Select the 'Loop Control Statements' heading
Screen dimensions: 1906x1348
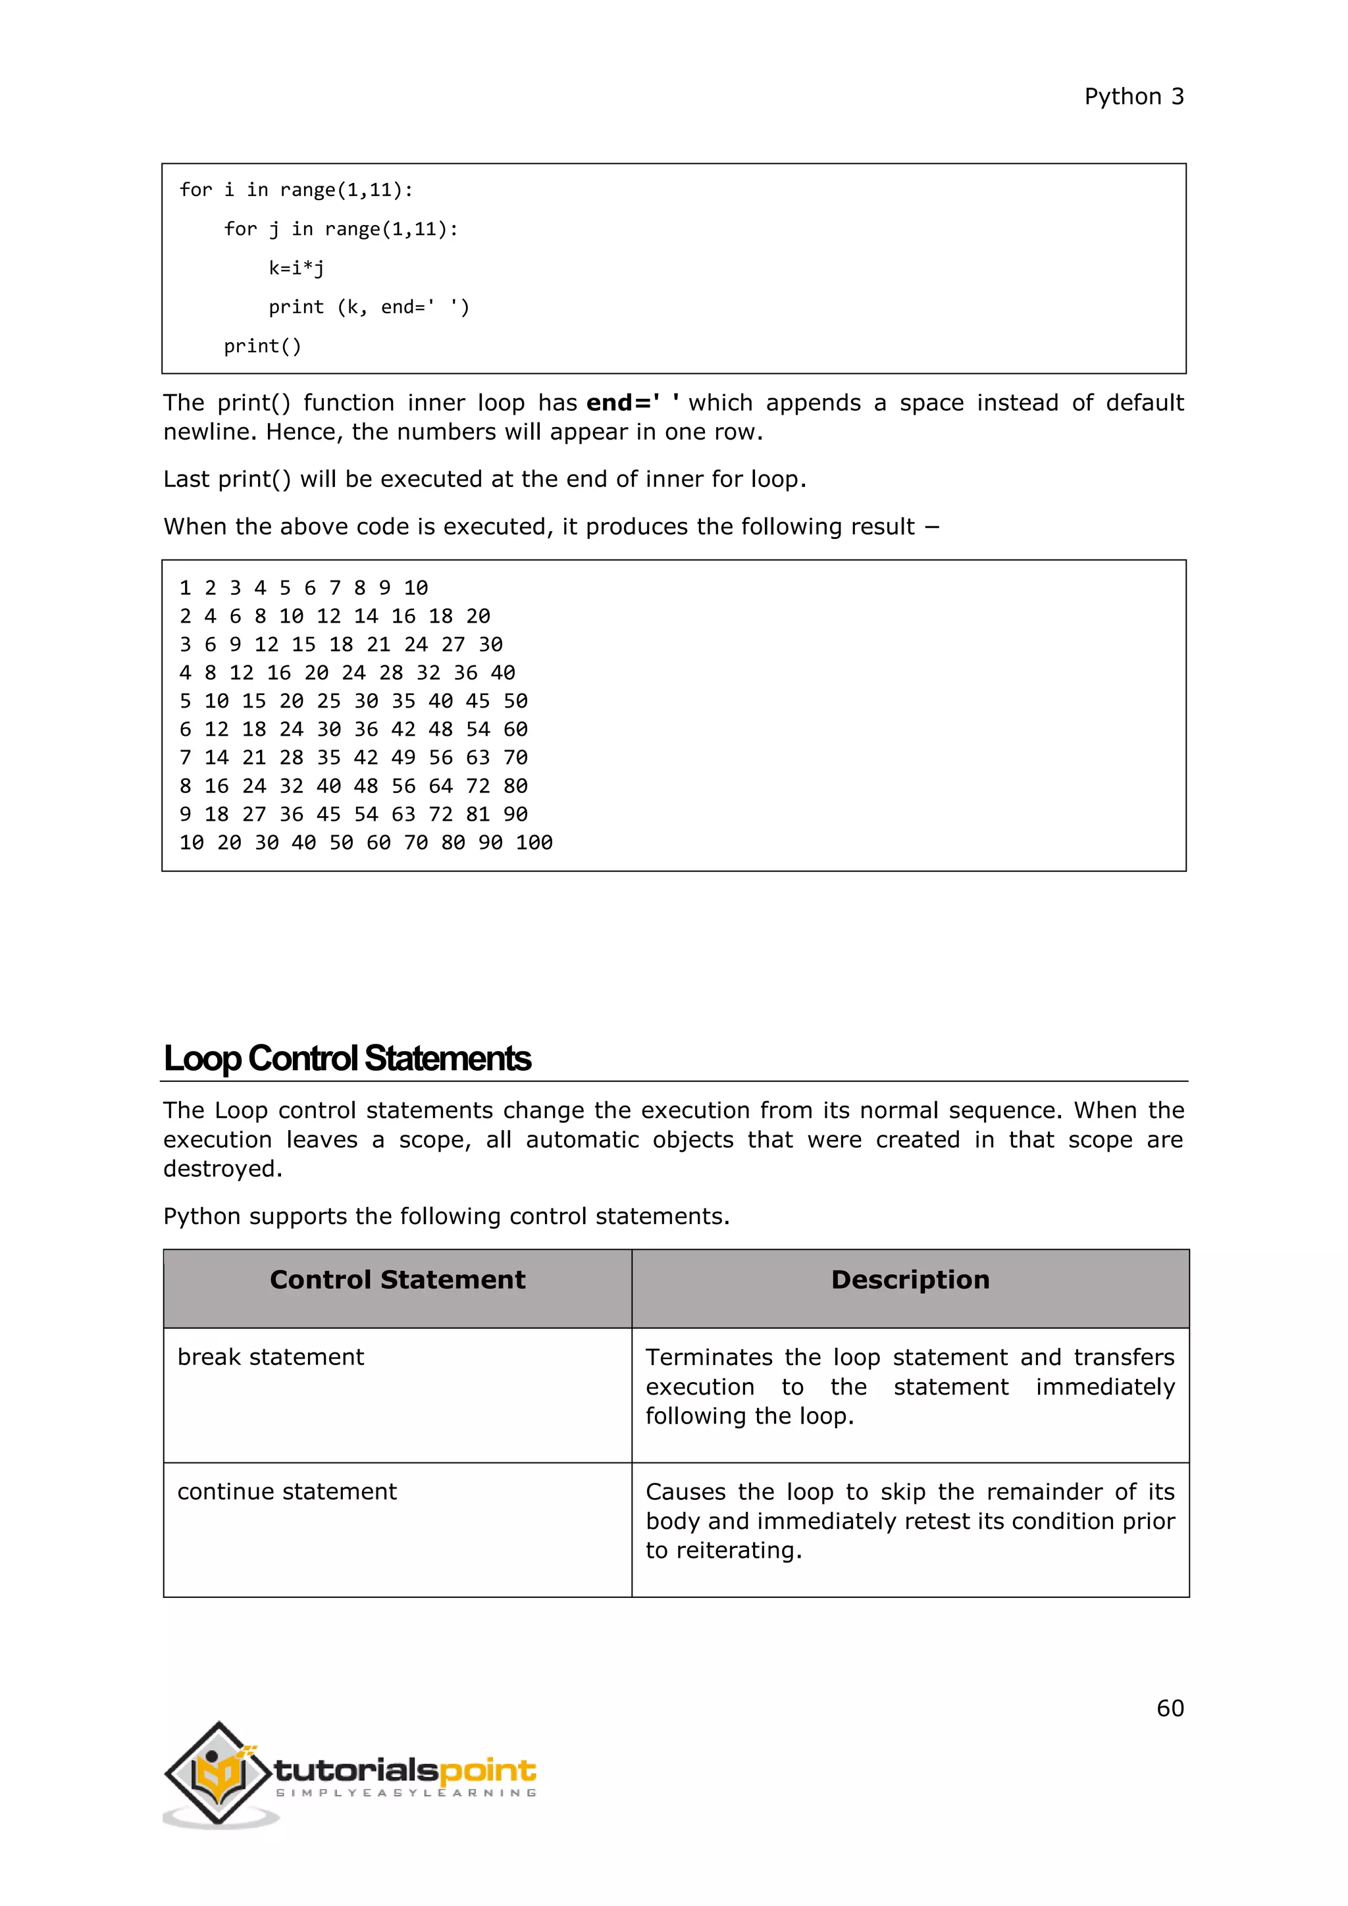[347, 1058]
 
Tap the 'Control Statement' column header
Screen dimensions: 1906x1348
[398, 1279]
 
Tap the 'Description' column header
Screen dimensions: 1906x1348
[910, 1279]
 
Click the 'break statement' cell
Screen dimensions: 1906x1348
[271, 1357]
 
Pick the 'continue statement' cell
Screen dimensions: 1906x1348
[287, 1492]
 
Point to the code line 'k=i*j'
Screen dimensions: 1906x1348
[296, 268]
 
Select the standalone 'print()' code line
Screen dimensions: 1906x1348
[263, 346]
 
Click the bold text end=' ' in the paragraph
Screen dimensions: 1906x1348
[633, 403]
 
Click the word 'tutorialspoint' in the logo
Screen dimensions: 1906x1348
[405, 1772]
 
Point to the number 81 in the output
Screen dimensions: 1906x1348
[477, 814]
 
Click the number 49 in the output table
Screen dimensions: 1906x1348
[403, 758]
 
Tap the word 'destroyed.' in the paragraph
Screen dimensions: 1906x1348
[222, 1169]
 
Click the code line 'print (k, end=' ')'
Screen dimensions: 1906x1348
[369, 307]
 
